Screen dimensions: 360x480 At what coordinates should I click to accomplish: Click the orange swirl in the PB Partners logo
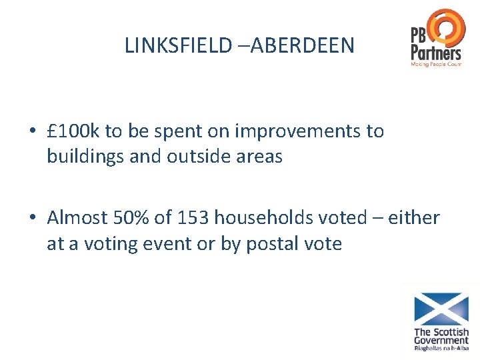point(446,27)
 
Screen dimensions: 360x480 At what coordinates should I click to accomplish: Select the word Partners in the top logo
point(435,52)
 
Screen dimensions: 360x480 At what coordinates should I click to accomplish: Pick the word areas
point(260,158)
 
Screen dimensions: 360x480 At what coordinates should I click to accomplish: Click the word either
point(414,217)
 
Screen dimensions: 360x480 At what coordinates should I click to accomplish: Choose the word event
point(173,243)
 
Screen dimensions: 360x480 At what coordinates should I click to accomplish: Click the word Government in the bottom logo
point(441,341)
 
